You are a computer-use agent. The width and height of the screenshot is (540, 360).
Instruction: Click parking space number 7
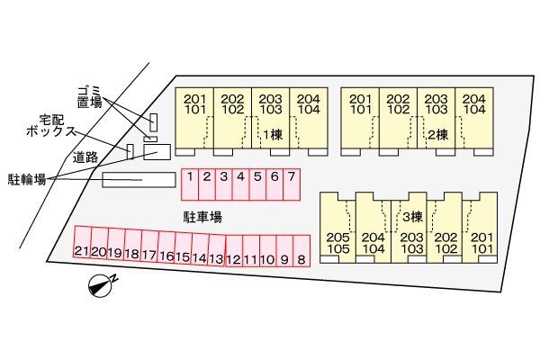(292, 184)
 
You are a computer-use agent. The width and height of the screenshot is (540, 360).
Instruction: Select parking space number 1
(190, 184)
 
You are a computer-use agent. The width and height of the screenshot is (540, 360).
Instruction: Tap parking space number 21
(83, 241)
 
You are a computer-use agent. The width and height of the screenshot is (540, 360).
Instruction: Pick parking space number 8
(301, 251)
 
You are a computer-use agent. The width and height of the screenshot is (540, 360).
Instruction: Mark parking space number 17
(149, 246)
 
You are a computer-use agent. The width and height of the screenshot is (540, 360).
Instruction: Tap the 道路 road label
(85, 157)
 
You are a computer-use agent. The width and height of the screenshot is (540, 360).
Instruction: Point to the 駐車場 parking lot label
(202, 217)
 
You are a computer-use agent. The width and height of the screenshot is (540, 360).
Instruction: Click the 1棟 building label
(273, 135)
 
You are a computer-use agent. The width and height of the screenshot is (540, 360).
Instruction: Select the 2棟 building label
(437, 135)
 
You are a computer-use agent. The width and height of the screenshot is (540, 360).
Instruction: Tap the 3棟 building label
(412, 217)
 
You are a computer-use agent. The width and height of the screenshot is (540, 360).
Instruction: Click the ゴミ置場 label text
(89, 97)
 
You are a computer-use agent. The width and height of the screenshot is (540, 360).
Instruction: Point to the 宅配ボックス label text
(51, 126)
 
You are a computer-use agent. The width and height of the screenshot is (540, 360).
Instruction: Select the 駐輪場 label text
(27, 179)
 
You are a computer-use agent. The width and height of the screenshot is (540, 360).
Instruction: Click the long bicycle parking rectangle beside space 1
(139, 180)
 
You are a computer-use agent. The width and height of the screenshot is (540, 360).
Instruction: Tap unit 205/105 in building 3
(337, 228)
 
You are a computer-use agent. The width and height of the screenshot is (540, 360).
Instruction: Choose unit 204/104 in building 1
(309, 121)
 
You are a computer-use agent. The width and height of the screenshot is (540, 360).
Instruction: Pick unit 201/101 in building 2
(360, 121)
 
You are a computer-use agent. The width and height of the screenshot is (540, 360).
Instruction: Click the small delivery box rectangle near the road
(130, 151)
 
